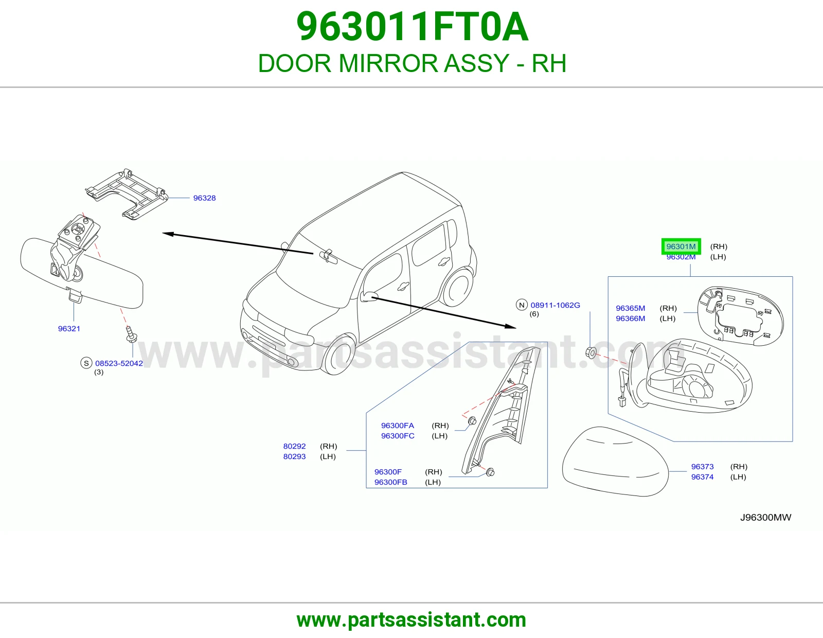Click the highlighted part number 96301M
click(681, 246)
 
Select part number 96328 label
click(204, 198)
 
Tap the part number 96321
click(69, 328)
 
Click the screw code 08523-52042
click(119, 363)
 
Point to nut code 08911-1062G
click(555, 305)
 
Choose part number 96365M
click(630, 308)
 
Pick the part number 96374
click(702, 477)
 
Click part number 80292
click(294, 446)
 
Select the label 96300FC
click(398, 436)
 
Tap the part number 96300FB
click(391, 482)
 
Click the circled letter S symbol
click(86, 363)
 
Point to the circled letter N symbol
click(522, 305)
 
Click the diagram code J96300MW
click(766, 518)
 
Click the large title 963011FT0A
click(412, 27)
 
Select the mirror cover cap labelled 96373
click(615, 461)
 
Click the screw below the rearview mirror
click(131, 334)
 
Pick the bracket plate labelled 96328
click(127, 194)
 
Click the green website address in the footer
click(411, 620)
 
